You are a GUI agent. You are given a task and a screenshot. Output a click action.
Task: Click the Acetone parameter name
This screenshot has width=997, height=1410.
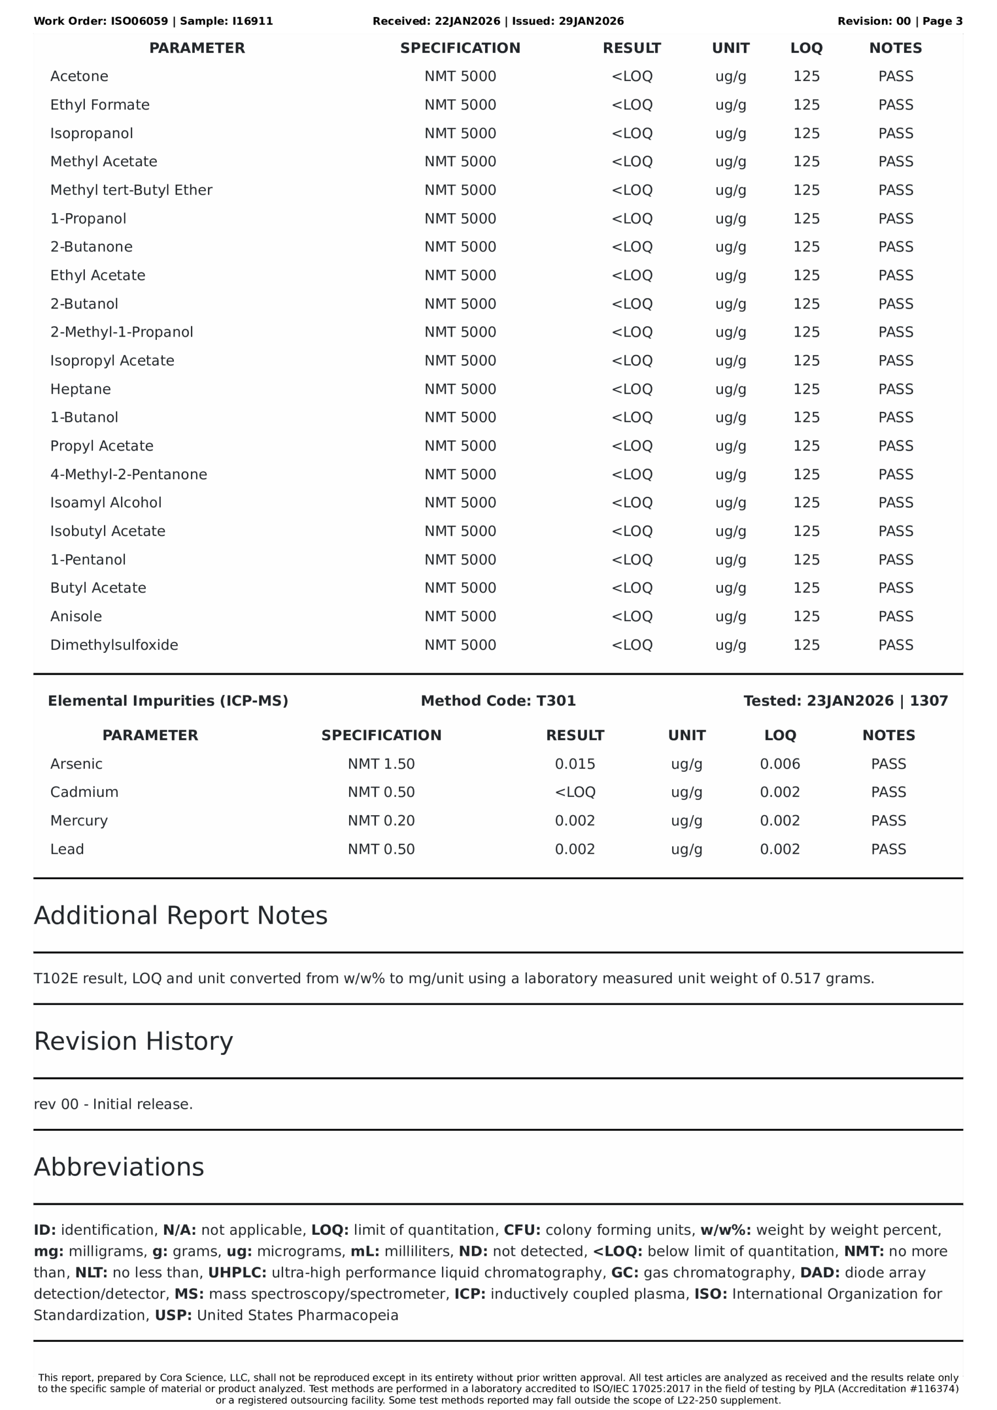pos(79,76)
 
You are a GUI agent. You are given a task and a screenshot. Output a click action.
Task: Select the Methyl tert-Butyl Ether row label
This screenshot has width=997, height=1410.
pos(131,190)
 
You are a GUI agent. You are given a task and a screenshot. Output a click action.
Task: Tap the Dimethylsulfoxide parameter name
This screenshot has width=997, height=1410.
pos(114,645)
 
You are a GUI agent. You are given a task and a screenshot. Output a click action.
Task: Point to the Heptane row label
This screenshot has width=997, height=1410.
pos(80,389)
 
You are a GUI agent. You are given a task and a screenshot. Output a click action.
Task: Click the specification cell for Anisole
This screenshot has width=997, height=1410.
pos(460,616)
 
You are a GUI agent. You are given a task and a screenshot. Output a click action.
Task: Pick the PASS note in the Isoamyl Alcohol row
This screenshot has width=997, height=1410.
pos(895,502)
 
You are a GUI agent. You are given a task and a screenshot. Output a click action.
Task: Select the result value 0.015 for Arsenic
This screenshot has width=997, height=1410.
pos(575,764)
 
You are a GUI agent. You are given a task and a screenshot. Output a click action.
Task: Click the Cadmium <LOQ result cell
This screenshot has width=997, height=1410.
pos(575,792)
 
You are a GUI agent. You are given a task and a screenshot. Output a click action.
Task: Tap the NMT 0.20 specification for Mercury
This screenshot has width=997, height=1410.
pos(382,821)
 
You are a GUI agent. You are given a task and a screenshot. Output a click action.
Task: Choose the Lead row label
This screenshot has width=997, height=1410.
pos(67,849)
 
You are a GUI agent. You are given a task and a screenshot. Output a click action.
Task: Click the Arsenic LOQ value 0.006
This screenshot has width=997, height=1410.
pos(780,764)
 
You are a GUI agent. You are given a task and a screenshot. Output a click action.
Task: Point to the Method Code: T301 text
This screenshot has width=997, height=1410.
pos(498,701)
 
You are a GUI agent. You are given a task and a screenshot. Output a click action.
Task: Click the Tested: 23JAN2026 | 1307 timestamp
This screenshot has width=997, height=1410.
pos(846,701)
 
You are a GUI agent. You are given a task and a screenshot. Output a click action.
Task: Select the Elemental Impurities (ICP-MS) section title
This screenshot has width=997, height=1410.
pos(167,701)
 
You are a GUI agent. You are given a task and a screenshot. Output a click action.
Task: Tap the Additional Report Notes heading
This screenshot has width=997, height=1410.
pos(181,915)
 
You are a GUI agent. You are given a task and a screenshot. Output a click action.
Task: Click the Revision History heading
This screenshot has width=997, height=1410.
pos(133,1042)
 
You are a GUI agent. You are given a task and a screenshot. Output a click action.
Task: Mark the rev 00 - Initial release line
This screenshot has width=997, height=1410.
pos(113,1104)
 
